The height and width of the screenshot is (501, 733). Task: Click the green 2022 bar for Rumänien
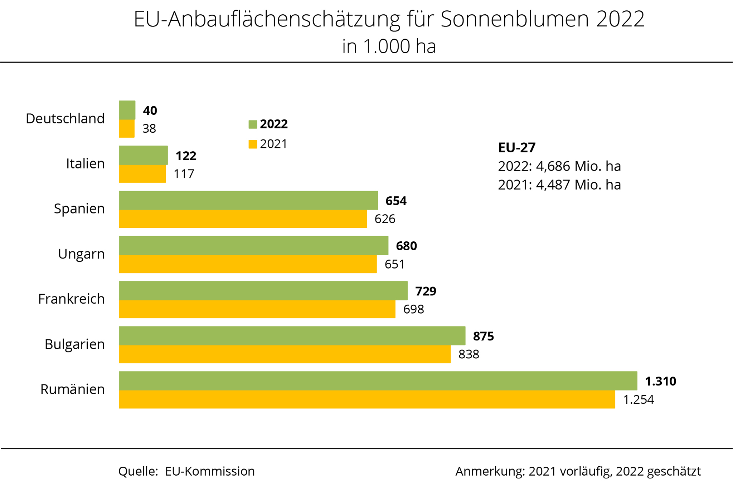[378, 381]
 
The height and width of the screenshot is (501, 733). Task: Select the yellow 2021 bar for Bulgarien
[285, 354]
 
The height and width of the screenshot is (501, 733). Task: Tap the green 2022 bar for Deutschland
[127, 110]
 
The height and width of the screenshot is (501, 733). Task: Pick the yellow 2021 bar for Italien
[142, 174]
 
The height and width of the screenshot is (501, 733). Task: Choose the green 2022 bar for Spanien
[248, 200]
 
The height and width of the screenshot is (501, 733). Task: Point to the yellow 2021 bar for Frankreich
[257, 309]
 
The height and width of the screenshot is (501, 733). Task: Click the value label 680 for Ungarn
[406, 246]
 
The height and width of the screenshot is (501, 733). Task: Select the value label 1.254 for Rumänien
[639, 399]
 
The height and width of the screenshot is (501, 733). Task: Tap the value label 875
[483, 336]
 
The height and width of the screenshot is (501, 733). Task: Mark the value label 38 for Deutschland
[149, 129]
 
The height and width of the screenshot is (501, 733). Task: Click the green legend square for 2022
[253, 124]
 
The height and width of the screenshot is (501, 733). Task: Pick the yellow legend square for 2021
[253, 144]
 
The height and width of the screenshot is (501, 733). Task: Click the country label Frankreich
[71, 299]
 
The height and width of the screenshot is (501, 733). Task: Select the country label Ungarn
[81, 254]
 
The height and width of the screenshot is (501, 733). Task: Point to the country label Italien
[85, 163]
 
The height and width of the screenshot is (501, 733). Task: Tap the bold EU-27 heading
[516, 147]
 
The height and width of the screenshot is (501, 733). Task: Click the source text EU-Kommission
[210, 471]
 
